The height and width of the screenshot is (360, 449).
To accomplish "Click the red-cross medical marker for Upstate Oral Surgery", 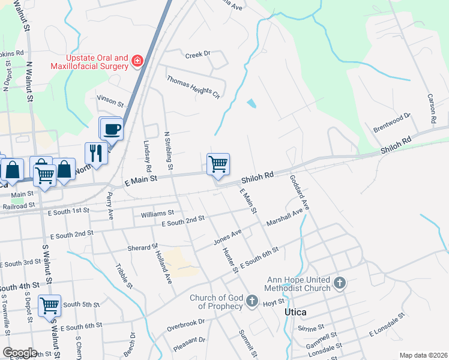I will pyautogui.click(x=137, y=61).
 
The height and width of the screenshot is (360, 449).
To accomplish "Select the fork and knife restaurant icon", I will pyautogui.click(x=96, y=153).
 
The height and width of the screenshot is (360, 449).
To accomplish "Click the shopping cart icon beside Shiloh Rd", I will pyautogui.click(x=218, y=164).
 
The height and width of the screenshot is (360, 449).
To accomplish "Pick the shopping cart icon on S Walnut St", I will pyautogui.click(x=49, y=305).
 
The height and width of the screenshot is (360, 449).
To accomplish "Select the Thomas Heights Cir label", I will pyautogui.click(x=193, y=86).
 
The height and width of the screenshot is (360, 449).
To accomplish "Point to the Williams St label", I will pyautogui.click(x=157, y=213).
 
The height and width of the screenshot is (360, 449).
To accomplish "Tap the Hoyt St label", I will pyautogui.click(x=273, y=304).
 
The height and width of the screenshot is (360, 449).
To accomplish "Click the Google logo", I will pyautogui.click(x=20, y=353).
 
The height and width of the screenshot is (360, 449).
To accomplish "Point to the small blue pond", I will pyautogui.click(x=251, y=103).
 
